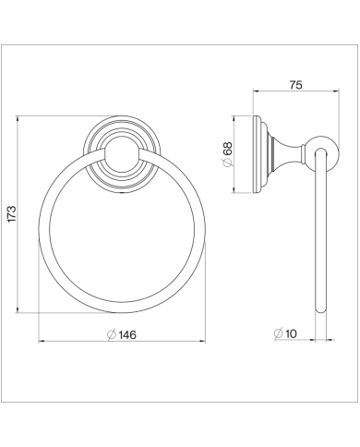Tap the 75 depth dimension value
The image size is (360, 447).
294,85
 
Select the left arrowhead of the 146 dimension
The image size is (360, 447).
42,342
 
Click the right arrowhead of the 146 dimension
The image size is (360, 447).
206,342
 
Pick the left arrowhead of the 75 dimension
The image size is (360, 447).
255,93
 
